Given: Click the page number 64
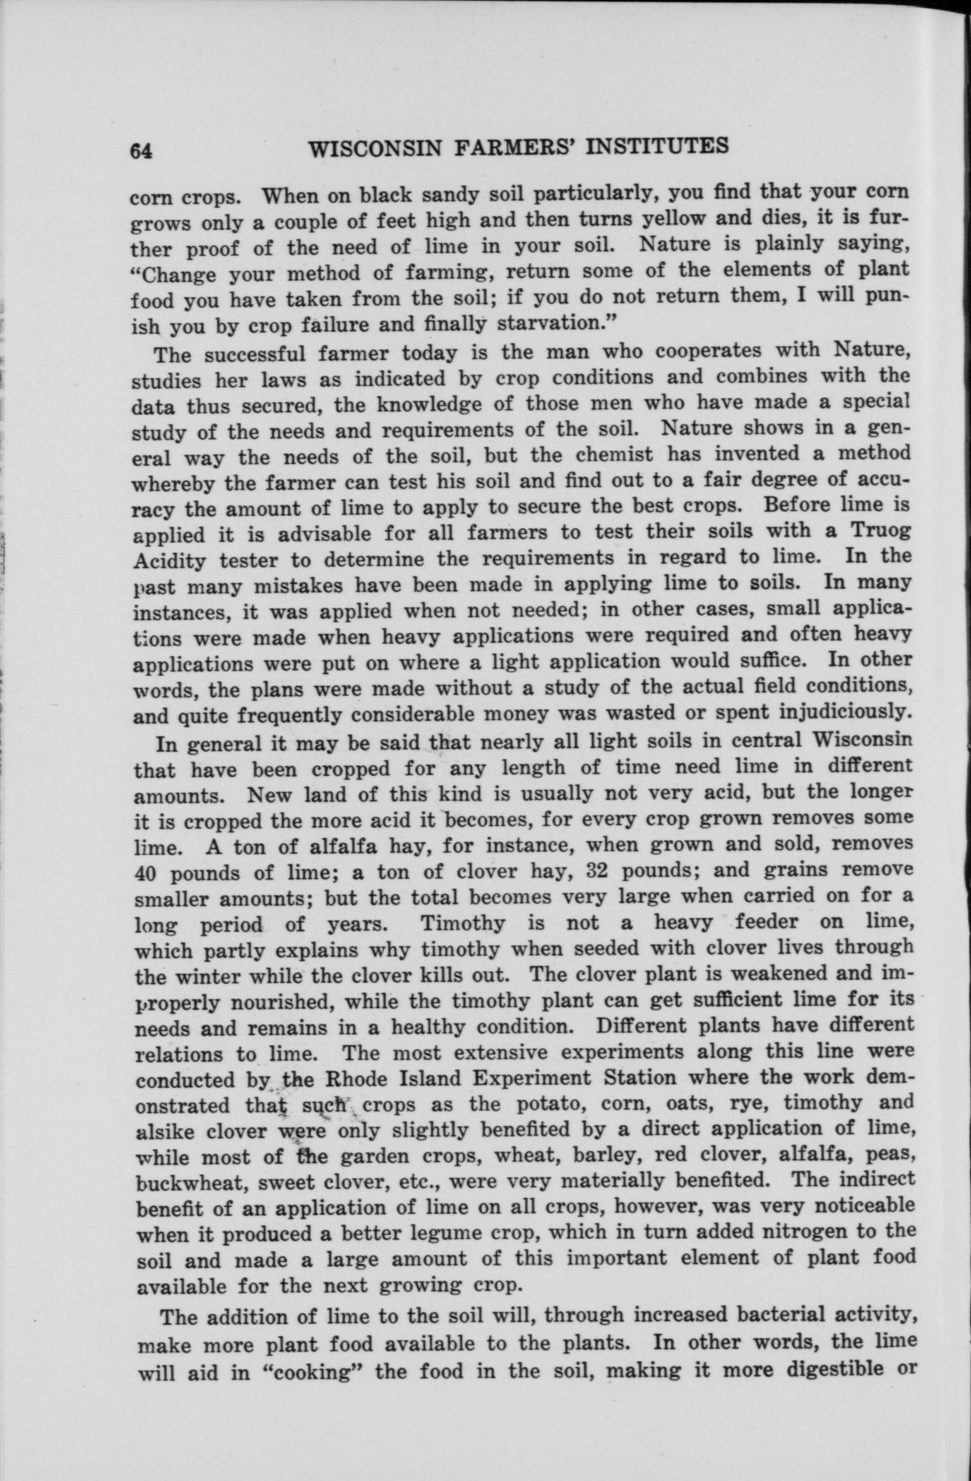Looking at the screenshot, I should tap(141, 151).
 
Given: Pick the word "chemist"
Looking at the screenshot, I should tap(613, 455).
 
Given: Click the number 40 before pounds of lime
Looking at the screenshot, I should tap(147, 874).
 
